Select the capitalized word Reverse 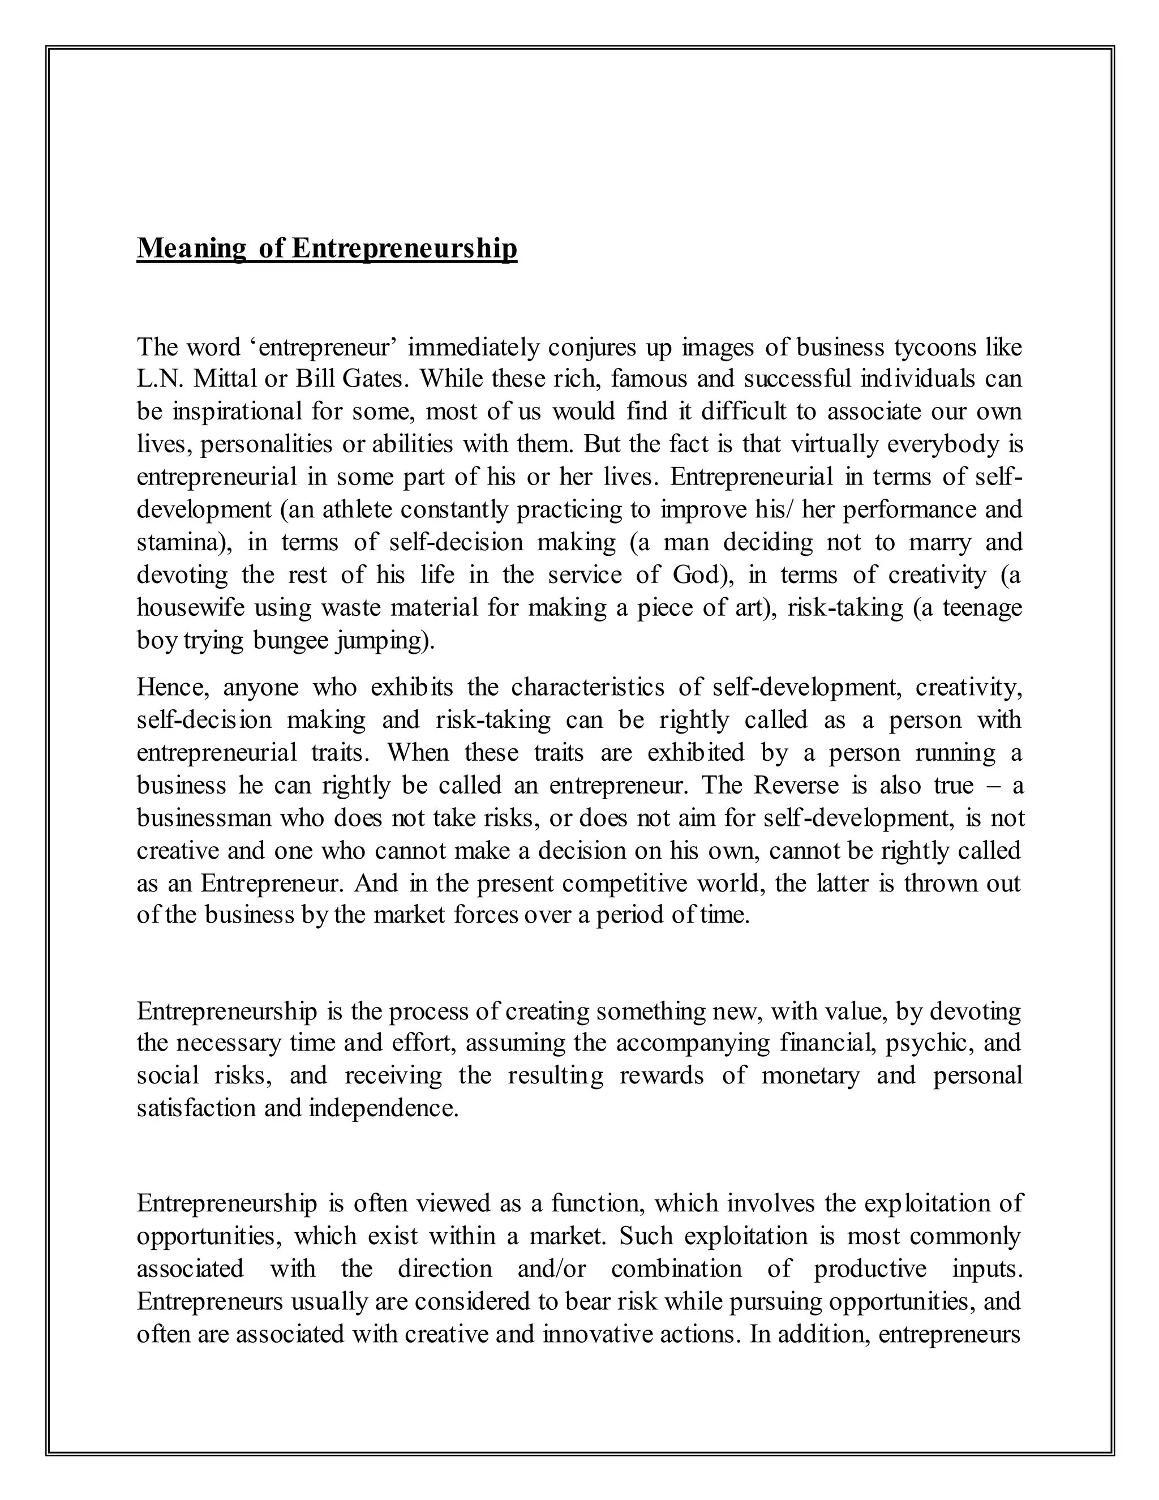(796, 785)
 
